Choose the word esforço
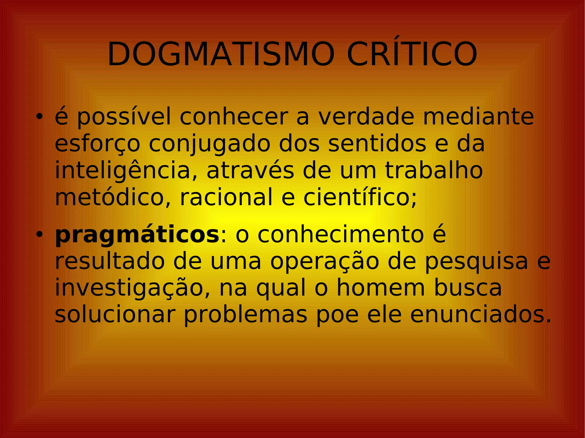click(97, 144)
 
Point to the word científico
click(360, 197)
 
